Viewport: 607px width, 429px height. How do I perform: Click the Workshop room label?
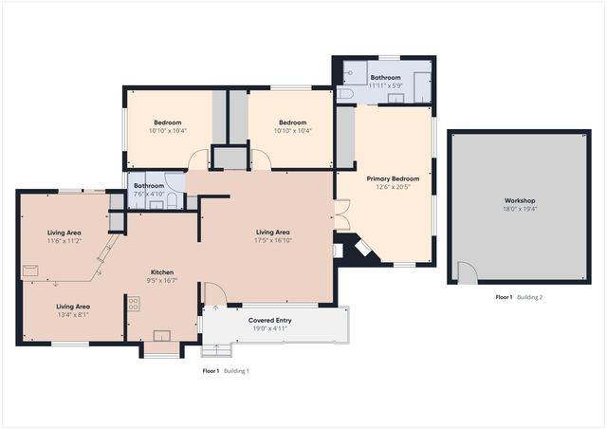tap(519, 201)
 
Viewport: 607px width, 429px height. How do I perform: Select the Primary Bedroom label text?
tap(393, 178)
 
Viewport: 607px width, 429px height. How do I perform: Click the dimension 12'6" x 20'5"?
tap(393, 187)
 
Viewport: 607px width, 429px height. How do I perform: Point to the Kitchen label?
tap(163, 271)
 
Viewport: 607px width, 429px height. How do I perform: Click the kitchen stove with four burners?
tap(134, 304)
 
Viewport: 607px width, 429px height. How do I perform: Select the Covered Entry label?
tap(270, 321)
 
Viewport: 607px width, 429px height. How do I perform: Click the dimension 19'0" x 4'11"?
tap(270, 329)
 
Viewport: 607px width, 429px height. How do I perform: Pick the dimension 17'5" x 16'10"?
tap(272, 240)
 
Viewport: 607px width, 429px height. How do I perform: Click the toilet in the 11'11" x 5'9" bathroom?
tap(345, 95)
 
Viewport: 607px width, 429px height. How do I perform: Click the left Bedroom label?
tap(168, 122)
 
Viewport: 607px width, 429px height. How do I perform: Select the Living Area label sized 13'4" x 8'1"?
tap(72, 307)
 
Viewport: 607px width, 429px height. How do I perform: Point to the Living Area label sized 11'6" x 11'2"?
tap(65, 233)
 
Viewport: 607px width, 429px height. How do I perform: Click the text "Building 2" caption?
tap(528, 297)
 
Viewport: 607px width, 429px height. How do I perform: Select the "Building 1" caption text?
tap(236, 370)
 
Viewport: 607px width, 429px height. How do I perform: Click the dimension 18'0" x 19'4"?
tap(519, 210)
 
